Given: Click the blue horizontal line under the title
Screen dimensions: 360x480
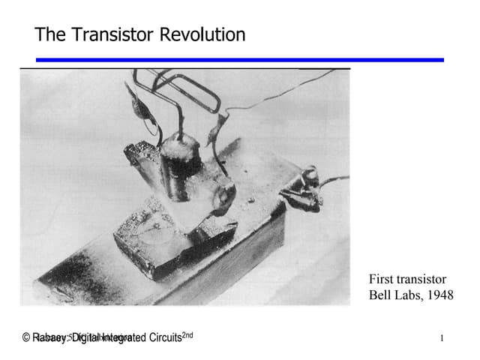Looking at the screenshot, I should click(240, 60).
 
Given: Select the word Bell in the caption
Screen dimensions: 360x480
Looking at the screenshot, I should click(380, 295).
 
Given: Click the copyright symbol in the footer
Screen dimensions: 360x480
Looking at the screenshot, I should click(26, 337).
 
